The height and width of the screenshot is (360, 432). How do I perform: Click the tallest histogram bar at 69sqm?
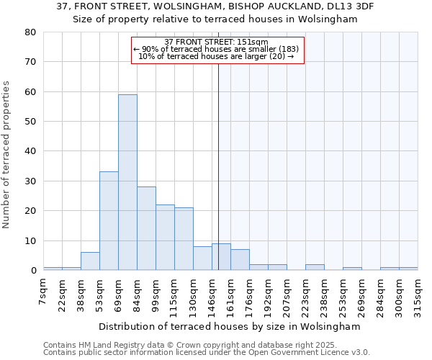click(127, 182)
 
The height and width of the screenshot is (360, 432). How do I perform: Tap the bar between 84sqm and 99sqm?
click(146, 228)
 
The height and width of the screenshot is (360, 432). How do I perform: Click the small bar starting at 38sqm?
click(90, 261)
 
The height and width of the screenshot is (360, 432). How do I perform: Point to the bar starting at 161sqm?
click(240, 260)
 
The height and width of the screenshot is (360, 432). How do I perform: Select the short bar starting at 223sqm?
click(315, 267)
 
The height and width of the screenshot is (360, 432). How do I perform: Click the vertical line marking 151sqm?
click(218, 166)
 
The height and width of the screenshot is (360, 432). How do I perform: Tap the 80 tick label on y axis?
click(30, 32)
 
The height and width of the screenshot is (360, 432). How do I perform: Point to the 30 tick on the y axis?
click(30, 181)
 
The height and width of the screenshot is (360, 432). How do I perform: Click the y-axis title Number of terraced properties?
click(7, 155)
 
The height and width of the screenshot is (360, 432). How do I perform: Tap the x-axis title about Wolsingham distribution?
click(229, 326)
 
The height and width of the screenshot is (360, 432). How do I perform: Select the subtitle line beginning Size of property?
click(215, 19)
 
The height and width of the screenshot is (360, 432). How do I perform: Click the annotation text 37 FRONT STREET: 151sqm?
click(216, 42)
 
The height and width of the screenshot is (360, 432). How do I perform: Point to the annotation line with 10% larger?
click(216, 56)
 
